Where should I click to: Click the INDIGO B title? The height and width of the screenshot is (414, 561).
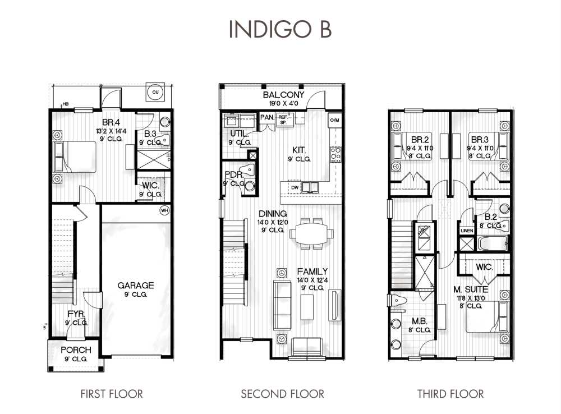point(280,30)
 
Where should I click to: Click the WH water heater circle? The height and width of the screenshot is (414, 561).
point(165,210)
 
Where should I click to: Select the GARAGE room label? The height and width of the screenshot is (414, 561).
point(135,286)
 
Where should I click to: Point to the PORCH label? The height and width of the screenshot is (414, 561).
point(76,350)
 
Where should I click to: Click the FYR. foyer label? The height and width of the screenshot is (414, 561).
point(76,314)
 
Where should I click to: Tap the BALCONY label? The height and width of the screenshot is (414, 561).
point(283,95)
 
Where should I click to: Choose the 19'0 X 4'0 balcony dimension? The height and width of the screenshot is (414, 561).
point(283,104)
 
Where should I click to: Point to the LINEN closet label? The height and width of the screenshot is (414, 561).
point(466,231)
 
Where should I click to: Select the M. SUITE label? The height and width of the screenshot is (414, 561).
point(471,289)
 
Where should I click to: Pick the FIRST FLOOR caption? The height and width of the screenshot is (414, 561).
point(111,394)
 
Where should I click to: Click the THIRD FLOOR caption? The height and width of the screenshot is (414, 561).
point(450,394)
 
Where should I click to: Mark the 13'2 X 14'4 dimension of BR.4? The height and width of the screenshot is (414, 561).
point(95,132)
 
